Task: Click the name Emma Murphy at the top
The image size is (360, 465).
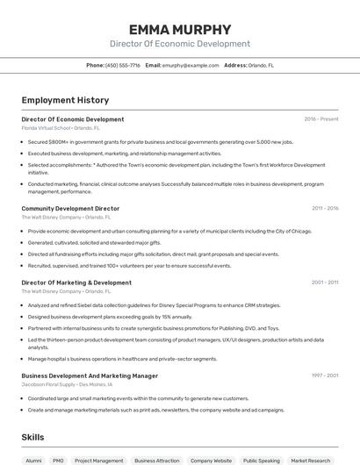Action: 180,29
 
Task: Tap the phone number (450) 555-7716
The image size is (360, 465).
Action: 122,65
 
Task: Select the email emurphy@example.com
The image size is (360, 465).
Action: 190,65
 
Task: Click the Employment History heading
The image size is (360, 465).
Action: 65,100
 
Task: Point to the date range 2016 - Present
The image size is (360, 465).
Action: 321,119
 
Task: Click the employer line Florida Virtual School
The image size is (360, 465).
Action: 61,128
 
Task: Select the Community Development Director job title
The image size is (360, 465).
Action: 70,209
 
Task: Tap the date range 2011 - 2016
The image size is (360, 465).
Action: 325,209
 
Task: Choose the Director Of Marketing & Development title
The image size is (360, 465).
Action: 76,283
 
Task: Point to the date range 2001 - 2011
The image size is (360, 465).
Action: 325,283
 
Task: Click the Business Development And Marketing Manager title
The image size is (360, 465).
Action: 90,376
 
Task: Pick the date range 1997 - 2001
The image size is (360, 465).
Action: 325,376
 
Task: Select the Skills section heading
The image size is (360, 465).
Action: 33,436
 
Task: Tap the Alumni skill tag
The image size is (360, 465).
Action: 33,460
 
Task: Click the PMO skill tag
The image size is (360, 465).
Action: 58,460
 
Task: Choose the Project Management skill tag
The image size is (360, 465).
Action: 98,460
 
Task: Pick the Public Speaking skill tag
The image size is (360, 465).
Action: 261,460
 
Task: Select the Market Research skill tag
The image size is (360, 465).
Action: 311,460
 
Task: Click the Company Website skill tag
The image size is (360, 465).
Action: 211,460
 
